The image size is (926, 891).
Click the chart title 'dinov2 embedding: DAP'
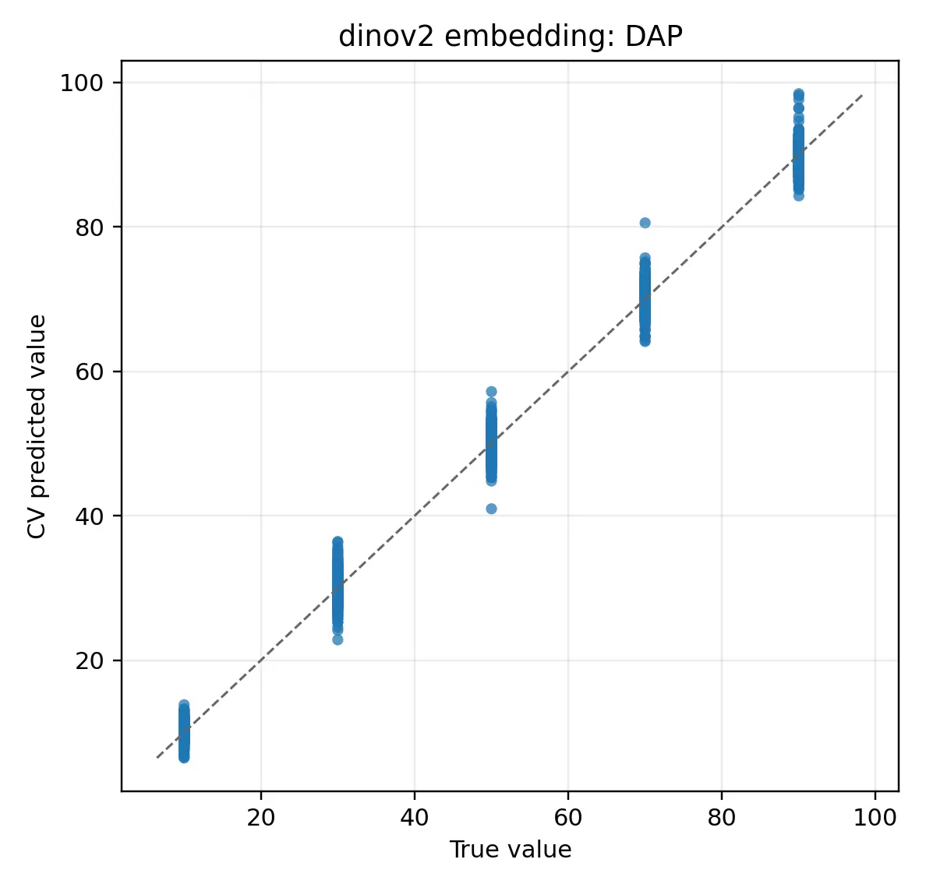[511, 37]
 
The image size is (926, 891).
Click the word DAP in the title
[654, 37]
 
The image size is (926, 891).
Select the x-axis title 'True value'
[511, 850]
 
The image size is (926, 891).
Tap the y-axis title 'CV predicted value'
[37, 427]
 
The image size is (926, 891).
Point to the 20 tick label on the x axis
[261, 817]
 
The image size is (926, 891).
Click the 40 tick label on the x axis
[415, 817]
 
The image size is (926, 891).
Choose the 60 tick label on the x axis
[568, 817]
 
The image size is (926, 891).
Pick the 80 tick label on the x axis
[722, 817]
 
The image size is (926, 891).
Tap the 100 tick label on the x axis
[875, 817]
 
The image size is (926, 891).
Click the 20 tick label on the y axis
[90, 661]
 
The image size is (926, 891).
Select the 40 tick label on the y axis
[90, 516]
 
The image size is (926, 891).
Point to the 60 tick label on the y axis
[90, 372]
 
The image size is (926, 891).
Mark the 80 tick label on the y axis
[90, 227]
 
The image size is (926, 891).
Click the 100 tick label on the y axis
[82, 83]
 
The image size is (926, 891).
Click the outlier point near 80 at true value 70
[645, 223]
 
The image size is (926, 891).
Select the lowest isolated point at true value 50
[491, 509]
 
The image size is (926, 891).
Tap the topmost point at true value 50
[491, 391]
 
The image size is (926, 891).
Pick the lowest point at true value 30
[338, 639]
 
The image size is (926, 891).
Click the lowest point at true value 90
[798, 196]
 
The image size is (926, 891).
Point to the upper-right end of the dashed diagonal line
[863, 94]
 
